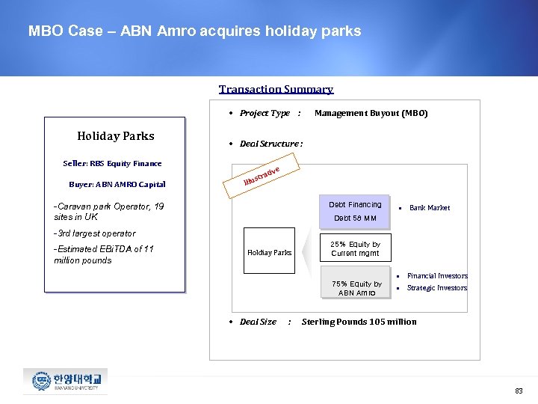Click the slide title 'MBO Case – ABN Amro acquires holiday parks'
click(194, 31)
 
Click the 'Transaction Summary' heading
click(276, 89)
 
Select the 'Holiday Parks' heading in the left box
click(116, 135)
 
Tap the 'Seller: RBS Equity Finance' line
click(112, 163)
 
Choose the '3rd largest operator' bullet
click(94, 233)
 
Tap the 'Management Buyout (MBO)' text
click(371, 114)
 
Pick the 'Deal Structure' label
click(270, 144)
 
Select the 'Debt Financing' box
click(355, 210)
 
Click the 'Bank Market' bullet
click(429, 208)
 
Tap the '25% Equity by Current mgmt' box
click(356, 248)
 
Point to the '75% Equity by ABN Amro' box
click(356, 288)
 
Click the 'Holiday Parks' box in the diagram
click(269, 252)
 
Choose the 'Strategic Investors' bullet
click(436, 288)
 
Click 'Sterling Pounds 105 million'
click(359, 322)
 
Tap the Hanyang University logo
click(65, 381)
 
